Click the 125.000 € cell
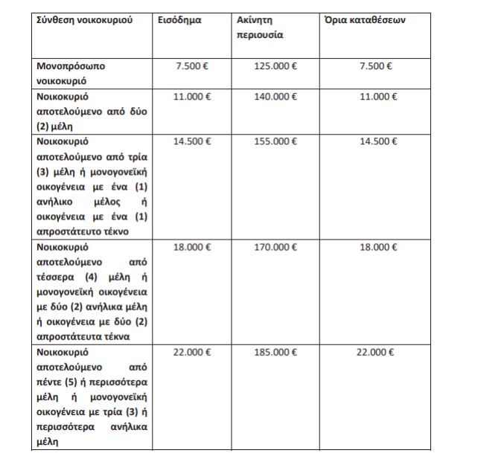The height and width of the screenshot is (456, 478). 275,66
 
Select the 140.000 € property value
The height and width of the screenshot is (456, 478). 275,97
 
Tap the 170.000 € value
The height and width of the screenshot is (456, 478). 275,247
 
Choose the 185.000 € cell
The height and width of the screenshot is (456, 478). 275,352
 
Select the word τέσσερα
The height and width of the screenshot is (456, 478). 55,277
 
